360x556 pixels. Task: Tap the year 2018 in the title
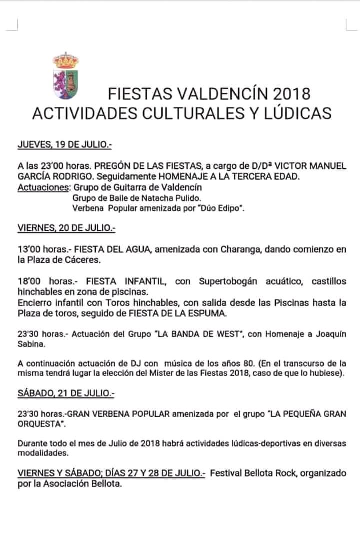tap(292, 94)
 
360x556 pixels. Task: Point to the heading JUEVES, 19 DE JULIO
tap(65, 145)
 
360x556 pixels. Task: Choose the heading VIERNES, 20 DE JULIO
tap(66, 228)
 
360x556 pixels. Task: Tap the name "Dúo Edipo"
tap(222, 208)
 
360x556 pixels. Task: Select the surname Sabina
tap(32, 345)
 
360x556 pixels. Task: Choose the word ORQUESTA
tap(41, 424)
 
